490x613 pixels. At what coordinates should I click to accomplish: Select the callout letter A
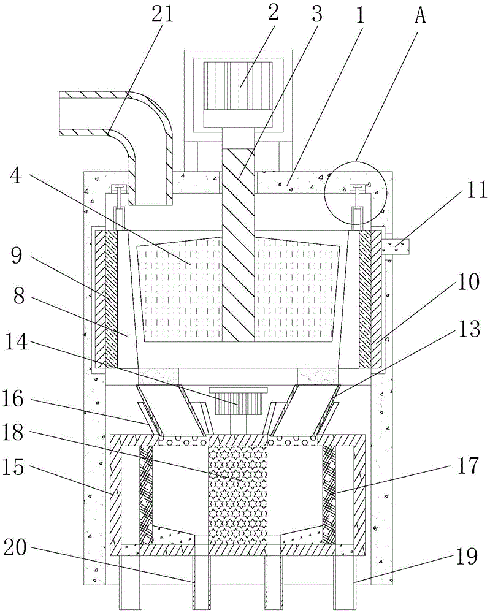(x=420, y=13)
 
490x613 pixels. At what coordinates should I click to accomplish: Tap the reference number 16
(x=17, y=399)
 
